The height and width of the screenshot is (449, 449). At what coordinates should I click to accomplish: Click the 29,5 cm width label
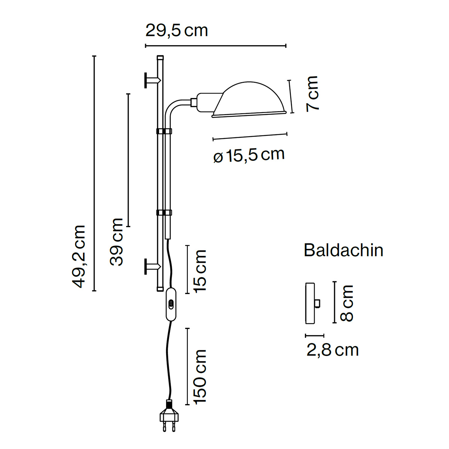coord(176,31)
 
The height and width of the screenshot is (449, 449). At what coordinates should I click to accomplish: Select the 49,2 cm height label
coord(79,257)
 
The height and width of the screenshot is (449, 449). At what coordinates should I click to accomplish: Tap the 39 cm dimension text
coord(116,242)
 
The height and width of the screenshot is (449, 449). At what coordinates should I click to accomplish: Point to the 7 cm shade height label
coord(312,94)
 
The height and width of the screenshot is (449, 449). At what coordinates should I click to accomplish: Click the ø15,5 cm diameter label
coord(249,155)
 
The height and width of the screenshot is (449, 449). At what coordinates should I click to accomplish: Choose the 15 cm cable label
coord(200,271)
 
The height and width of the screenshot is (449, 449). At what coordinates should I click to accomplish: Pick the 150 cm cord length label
coord(200,377)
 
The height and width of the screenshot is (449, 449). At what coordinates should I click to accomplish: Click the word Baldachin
coord(343,250)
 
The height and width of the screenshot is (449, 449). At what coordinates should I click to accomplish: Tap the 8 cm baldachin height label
coord(347,303)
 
